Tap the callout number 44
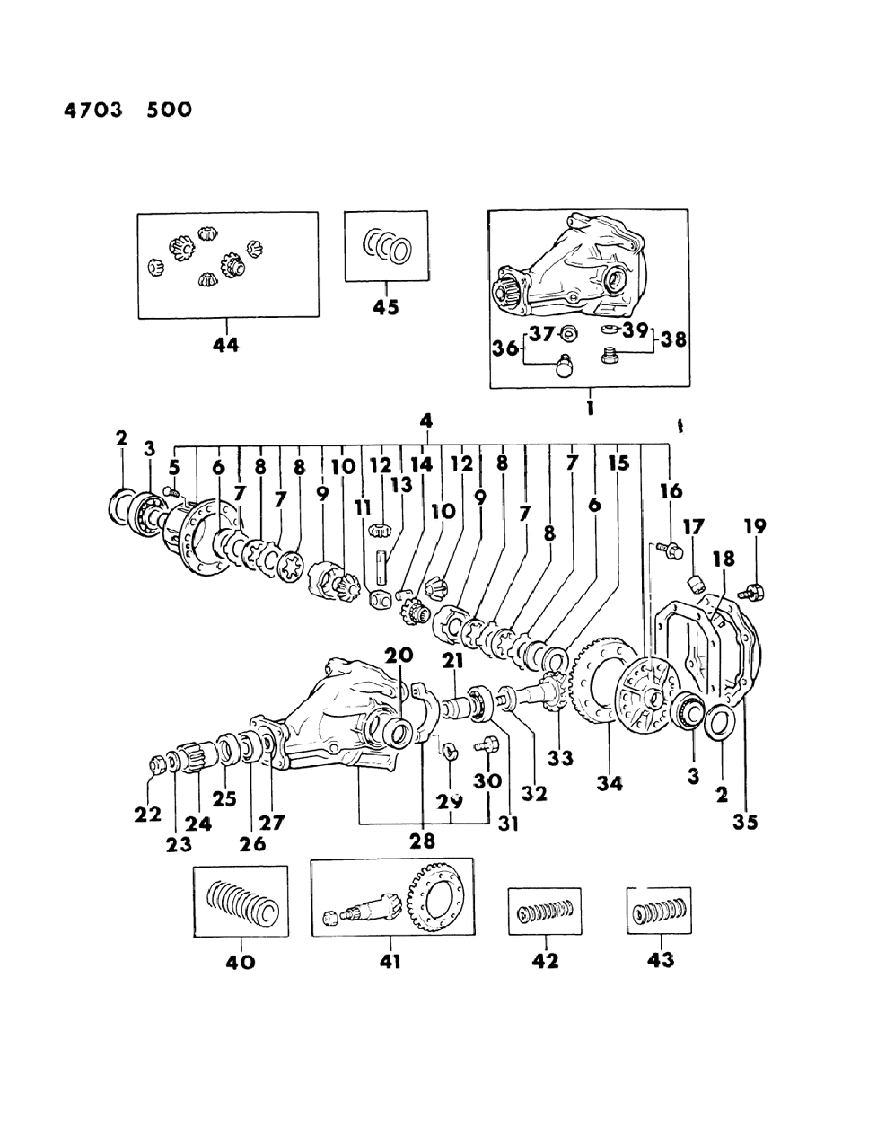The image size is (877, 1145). [225, 344]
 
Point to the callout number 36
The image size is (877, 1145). [505, 347]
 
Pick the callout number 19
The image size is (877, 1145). [754, 525]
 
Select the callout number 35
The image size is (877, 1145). [745, 821]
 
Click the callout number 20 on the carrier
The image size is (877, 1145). [399, 656]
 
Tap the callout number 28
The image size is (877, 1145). [422, 841]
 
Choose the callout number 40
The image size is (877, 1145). [241, 962]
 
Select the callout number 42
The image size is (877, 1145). [545, 961]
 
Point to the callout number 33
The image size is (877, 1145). [560, 759]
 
